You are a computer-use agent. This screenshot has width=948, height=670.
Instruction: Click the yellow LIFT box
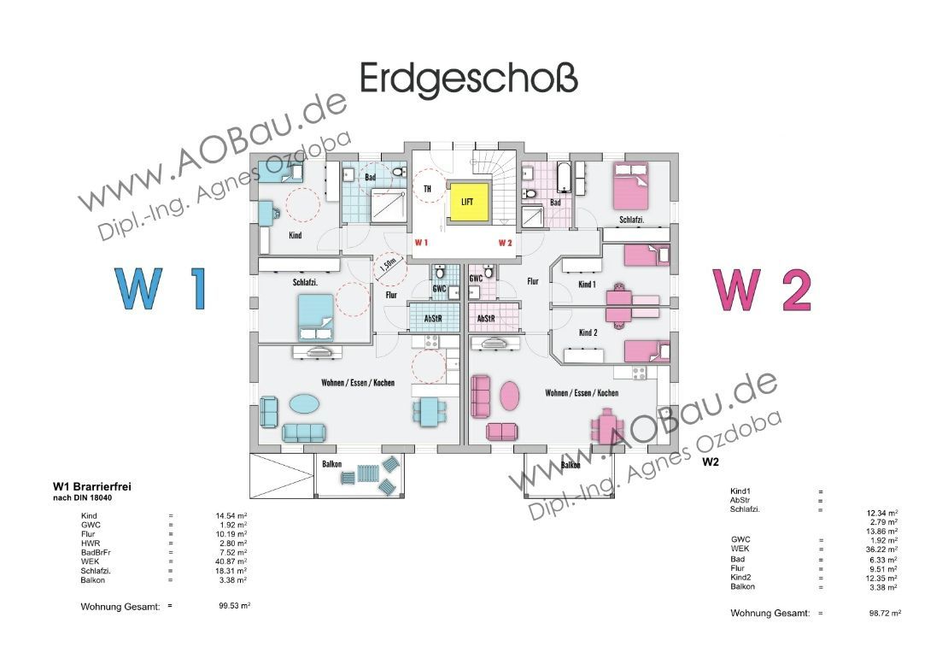[x=466, y=202]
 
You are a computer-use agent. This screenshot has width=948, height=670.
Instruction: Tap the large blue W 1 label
[x=161, y=288]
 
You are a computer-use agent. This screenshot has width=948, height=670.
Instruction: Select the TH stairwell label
[x=426, y=189]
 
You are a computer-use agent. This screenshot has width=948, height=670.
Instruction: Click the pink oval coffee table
[x=509, y=397]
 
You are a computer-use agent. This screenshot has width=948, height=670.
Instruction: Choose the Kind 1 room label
[x=587, y=284]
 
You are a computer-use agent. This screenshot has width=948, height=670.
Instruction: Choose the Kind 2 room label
[x=587, y=332]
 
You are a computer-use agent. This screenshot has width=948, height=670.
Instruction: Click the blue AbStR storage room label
[x=433, y=318]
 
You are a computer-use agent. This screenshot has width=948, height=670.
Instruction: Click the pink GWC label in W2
[x=477, y=278]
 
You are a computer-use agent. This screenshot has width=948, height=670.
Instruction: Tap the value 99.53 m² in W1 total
[x=234, y=605]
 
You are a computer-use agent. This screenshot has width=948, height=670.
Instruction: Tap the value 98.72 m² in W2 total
[x=884, y=614]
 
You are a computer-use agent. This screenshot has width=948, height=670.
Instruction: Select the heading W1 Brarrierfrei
[x=91, y=487]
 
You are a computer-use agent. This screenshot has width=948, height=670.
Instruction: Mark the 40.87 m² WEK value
[x=231, y=561]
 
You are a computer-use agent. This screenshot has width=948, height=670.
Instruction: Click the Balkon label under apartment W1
[x=333, y=464]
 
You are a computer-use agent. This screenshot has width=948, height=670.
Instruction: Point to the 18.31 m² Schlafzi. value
[x=231, y=570]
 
